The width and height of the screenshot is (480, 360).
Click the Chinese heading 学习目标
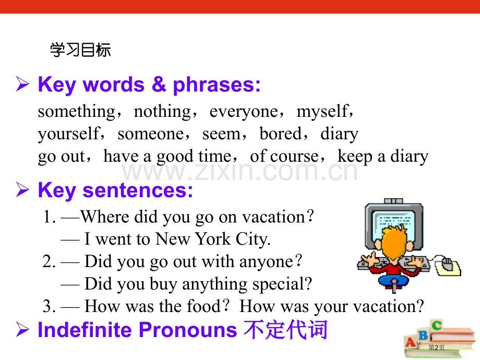click(x=80, y=51)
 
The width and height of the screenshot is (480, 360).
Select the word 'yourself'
click(x=68, y=135)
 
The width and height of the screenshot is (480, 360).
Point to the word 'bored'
click(x=281, y=134)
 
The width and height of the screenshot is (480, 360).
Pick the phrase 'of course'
click(x=284, y=157)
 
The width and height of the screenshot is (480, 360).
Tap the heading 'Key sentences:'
click(x=115, y=191)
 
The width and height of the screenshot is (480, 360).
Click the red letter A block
click(x=412, y=342)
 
